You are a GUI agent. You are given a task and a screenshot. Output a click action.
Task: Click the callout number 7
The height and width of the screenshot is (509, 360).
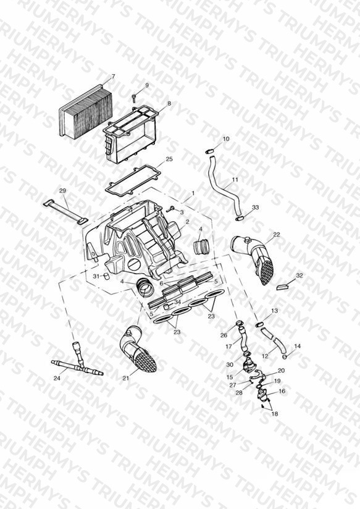[x=113, y=77]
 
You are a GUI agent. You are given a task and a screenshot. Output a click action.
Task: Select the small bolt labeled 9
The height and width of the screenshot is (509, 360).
[x=134, y=97]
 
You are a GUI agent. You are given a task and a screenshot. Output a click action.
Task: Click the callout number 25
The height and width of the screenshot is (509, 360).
[x=169, y=159]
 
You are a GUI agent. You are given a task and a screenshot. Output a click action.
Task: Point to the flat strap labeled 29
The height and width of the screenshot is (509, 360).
[x=65, y=212]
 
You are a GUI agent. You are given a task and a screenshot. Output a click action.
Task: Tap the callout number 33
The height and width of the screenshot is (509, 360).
[x=256, y=207]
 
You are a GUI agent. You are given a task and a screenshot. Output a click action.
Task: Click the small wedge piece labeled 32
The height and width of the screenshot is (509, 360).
[x=282, y=287]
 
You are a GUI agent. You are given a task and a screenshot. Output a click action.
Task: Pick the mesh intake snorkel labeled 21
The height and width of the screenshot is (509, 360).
[x=138, y=349]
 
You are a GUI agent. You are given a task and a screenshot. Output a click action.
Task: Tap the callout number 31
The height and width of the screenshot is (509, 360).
[x=96, y=276]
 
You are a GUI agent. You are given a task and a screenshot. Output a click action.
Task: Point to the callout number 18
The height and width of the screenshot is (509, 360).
[x=275, y=414]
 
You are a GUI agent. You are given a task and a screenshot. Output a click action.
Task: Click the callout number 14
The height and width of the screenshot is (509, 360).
[x=298, y=346]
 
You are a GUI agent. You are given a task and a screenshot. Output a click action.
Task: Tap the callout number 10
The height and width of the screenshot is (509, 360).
[x=226, y=139]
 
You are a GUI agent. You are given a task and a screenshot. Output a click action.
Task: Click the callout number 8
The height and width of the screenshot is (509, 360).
[x=169, y=104]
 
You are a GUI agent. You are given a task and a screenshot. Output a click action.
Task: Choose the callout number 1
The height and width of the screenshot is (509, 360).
[x=193, y=193]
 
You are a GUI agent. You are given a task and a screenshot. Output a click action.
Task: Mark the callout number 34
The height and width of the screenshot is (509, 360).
[x=177, y=302]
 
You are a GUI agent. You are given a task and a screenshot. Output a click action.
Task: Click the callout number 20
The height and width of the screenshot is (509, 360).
[x=281, y=371]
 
